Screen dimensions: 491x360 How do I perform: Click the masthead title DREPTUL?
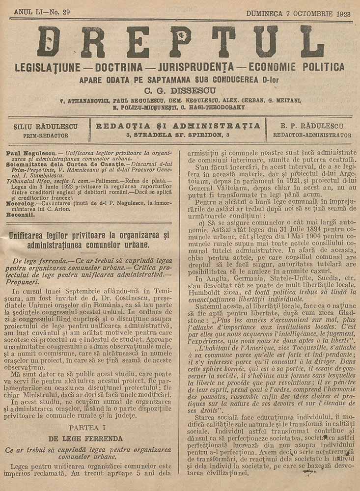pyautogui.click(x=180, y=42)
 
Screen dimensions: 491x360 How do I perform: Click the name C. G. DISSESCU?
pyautogui.click(x=180, y=89)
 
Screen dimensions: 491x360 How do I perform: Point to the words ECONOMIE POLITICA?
pyautogui.click(x=297, y=67)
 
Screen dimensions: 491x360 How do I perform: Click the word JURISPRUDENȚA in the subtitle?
pyautogui.click(x=194, y=67)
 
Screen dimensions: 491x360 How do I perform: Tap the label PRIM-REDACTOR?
pyautogui.click(x=47, y=135)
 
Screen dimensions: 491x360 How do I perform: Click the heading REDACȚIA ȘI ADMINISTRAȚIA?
pyautogui.click(x=178, y=126)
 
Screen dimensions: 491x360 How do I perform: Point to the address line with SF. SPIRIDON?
pyautogui.click(x=178, y=135)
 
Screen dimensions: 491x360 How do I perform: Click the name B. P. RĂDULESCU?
pyautogui.click(x=312, y=126)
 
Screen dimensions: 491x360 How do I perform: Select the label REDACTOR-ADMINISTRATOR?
pyautogui.click(x=312, y=135)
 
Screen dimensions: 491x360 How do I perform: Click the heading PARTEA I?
pyautogui.click(x=88, y=428)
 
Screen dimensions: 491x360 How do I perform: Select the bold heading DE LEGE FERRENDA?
pyautogui.click(x=88, y=438)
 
